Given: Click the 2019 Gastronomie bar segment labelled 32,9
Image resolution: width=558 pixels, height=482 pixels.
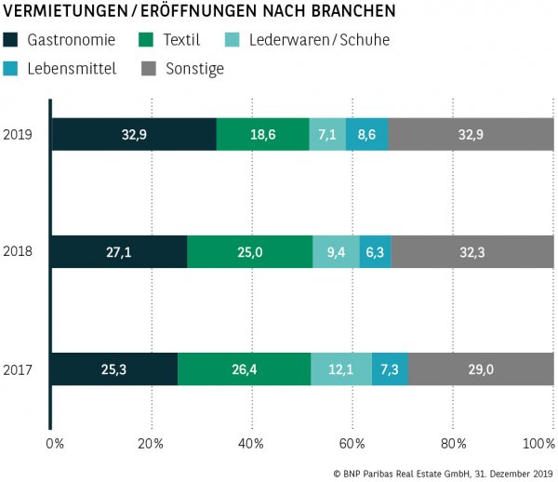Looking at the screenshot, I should click(x=134, y=135).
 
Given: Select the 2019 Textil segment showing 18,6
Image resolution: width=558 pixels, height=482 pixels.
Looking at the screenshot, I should click(x=262, y=135).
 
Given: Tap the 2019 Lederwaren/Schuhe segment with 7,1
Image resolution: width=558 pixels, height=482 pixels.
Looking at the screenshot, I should click(x=327, y=135).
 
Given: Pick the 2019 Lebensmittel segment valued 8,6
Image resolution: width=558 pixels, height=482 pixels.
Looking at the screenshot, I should click(x=366, y=135).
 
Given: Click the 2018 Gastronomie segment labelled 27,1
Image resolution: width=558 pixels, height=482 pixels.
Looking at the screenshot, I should click(x=119, y=251).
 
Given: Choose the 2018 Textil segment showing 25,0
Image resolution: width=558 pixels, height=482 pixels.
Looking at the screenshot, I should click(x=250, y=251).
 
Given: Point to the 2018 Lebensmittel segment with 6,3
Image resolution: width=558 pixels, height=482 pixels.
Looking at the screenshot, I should click(x=376, y=251).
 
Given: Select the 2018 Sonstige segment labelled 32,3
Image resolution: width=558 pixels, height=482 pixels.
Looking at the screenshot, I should click(x=472, y=251).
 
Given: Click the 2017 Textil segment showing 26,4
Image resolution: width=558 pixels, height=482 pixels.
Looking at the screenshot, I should click(x=244, y=369).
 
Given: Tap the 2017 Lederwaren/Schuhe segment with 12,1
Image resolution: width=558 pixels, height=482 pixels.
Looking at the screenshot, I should click(x=341, y=369).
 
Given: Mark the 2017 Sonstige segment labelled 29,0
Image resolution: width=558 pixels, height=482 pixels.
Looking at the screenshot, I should click(x=481, y=369).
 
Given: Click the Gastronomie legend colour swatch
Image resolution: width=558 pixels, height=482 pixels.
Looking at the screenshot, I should click(x=11, y=40).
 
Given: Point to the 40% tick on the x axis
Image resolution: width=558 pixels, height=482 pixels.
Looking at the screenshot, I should click(x=251, y=441).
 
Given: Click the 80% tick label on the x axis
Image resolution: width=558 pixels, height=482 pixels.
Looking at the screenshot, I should click(x=453, y=441).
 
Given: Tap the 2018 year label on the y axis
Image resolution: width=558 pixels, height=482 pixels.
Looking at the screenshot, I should click(x=18, y=251).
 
